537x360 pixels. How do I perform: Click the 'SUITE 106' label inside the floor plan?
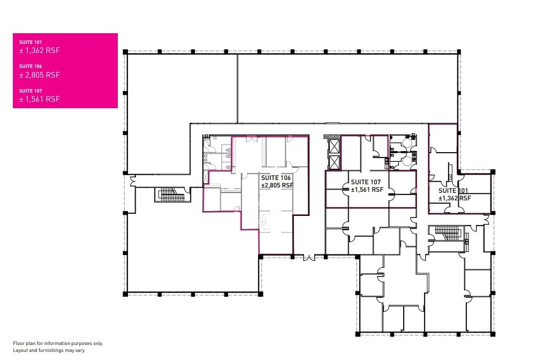(x=276, y=177)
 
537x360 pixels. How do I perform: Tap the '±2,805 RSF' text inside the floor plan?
(x=277, y=185)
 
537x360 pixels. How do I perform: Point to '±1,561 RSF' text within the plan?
(x=367, y=190)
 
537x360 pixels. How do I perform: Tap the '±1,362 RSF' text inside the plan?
(x=455, y=198)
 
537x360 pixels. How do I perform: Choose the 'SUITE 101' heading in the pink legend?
(x=31, y=42)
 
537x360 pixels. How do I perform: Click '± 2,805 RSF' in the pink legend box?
(x=39, y=75)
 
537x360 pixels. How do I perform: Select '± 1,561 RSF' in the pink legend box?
(x=39, y=99)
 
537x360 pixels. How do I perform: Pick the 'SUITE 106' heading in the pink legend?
(x=31, y=66)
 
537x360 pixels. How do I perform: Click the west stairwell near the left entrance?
(x=168, y=194)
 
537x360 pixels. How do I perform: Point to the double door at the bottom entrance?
(x=309, y=258)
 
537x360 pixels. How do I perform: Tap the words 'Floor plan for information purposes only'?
(x=58, y=343)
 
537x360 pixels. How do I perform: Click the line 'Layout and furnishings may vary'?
(x=49, y=350)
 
